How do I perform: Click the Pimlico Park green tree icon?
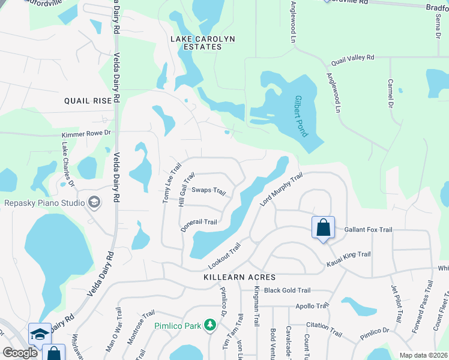(x=209, y=325)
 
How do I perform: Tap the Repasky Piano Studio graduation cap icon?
(x=94, y=203)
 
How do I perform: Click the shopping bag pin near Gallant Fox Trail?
(x=322, y=228)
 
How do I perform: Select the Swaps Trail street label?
(x=208, y=191)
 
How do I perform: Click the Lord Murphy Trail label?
(x=280, y=190)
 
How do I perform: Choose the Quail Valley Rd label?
(x=353, y=58)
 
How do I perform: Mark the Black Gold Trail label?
(x=287, y=290)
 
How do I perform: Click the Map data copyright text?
(x=423, y=355)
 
